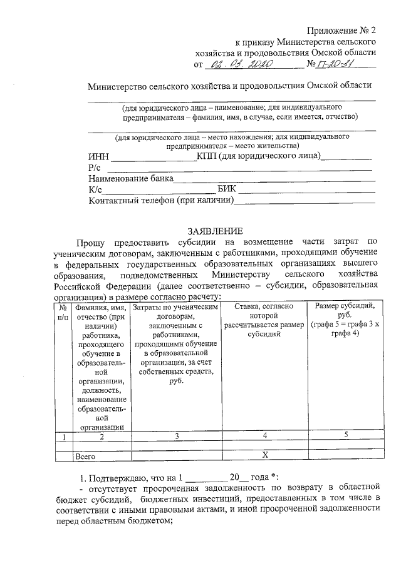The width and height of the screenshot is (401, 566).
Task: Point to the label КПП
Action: click(206, 156)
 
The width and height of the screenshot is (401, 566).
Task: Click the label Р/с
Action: click(95, 168)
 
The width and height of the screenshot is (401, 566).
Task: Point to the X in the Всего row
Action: click(264, 456)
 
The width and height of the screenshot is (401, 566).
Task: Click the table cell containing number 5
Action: click(345, 436)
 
